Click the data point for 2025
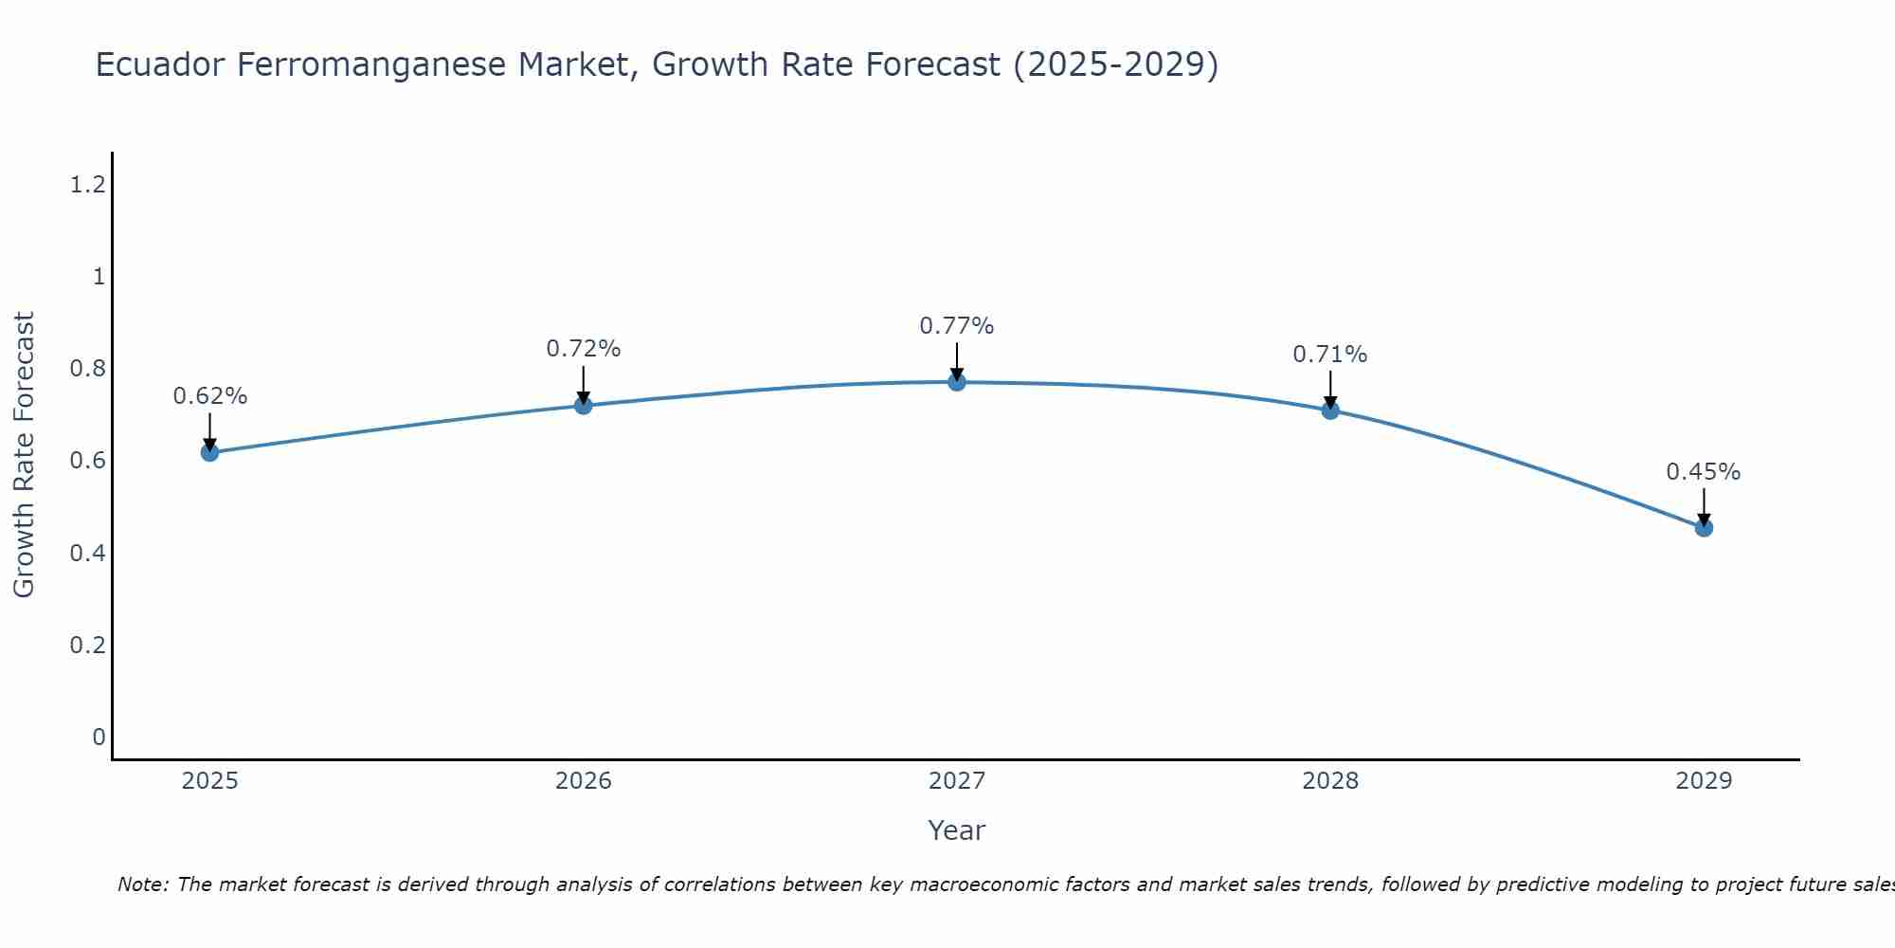point(209,452)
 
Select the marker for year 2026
point(584,406)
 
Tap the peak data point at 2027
point(957,382)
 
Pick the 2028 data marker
point(1330,410)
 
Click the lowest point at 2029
point(1704,527)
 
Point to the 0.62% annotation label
point(209,396)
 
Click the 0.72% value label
point(584,349)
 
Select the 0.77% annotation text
point(957,326)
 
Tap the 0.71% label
point(1330,355)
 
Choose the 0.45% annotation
point(1704,472)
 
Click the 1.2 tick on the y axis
point(87,185)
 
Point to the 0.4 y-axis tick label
point(87,553)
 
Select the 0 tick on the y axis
point(99,737)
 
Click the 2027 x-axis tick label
point(957,781)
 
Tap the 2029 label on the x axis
point(1704,781)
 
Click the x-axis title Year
point(957,830)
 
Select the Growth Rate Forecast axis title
point(24,454)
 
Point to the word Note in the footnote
point(142,884)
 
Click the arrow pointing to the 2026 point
point(584,384)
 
